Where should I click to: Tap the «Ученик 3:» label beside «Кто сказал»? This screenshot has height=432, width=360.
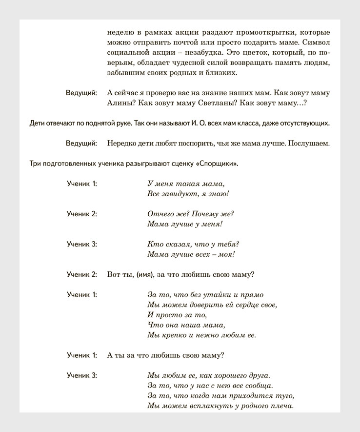(82, 244)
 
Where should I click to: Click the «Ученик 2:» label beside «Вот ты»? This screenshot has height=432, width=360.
(82, 274)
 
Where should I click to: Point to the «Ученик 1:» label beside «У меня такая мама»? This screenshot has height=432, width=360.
(82, 184)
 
